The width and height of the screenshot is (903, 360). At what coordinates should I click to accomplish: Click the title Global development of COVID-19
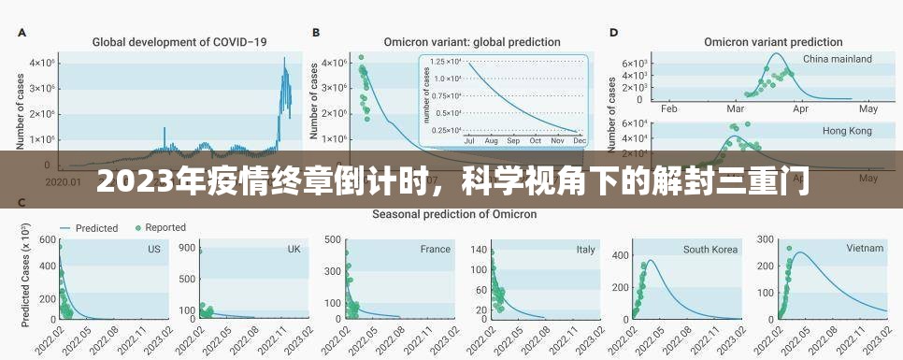coord(179,41)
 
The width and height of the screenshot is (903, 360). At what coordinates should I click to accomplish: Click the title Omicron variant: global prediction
coord(472,41)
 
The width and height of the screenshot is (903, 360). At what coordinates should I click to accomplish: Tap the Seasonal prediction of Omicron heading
coord(454,214)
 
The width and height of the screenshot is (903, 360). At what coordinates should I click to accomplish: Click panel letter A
coord(21,32)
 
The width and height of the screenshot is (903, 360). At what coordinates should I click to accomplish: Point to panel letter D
coord(613,32)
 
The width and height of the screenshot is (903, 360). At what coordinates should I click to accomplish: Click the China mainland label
coord(837,59)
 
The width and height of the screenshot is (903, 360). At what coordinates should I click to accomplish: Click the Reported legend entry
coord(159,227)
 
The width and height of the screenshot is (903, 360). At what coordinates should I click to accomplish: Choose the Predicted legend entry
coord(95,227)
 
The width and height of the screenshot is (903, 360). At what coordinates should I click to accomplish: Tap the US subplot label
coord(153,250)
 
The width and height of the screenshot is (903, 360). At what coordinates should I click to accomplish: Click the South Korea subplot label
coord(709,250)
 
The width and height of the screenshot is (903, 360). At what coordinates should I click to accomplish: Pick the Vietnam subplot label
coord(864,250)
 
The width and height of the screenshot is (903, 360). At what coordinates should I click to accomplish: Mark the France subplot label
coord(435,250)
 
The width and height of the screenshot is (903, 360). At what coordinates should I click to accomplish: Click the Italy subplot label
coord(585,250)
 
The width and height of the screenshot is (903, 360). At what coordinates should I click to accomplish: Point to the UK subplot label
coord(294,250)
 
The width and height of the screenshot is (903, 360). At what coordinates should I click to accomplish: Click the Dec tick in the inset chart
coord(579,140)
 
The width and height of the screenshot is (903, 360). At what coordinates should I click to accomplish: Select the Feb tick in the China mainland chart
coord(668,108)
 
